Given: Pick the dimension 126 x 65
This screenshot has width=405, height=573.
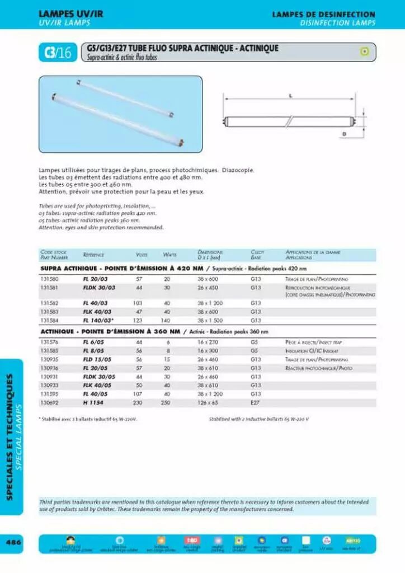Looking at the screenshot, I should [207, 402].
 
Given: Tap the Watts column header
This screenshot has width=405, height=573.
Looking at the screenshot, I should [169, 255].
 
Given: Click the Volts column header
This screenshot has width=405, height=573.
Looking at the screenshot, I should [142, 255].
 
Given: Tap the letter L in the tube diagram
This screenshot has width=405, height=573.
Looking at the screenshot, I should [291, 96].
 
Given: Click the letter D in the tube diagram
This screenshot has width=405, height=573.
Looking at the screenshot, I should [344, 134].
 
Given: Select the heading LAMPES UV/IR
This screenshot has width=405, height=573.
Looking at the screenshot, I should [71, 14].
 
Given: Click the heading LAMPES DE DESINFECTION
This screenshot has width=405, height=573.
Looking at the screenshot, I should [323, 14].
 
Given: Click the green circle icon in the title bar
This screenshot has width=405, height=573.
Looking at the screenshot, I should [364, 51].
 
